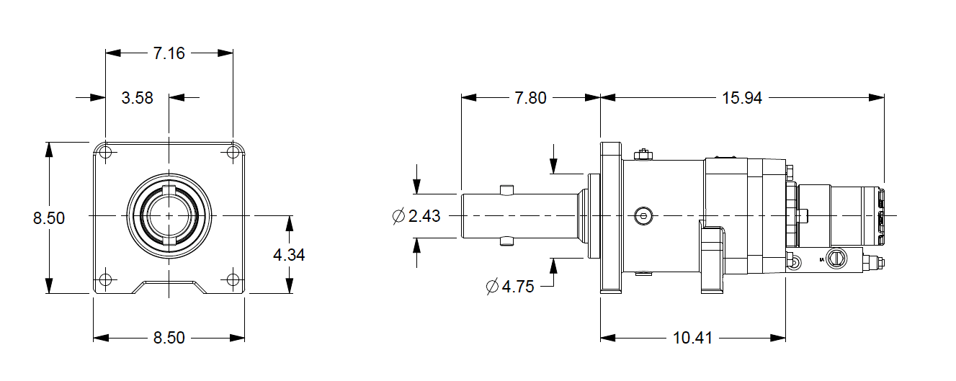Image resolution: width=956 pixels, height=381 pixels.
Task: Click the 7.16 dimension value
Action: click(169, 53)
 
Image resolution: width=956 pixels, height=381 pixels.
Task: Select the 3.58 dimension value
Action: click(137, 98)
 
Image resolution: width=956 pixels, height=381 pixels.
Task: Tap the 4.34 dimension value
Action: click(289, 255)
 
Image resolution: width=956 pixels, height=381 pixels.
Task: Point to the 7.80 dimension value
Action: click(530, 98)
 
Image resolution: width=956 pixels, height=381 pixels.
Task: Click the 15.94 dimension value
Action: click(742, 98)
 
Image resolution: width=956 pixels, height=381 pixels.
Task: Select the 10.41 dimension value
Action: click(692, 338)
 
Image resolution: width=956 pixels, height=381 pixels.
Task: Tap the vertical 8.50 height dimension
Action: click(49, 218)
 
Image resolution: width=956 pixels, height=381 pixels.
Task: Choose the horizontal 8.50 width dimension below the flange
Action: click(169, 338)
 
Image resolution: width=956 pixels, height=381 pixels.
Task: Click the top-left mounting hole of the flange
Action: click(106, 152)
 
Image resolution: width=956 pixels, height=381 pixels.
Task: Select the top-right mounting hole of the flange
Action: click(233, 152)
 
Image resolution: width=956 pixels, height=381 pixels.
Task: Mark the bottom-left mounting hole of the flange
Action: click(106, 279)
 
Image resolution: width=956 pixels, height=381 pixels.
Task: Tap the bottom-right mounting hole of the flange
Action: click(233, 279)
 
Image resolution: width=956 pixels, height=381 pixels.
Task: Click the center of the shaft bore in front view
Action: click(169, 215)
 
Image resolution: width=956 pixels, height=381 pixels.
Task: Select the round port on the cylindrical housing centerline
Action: click(643, 215)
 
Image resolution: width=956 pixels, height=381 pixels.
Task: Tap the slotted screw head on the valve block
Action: click(837, 257)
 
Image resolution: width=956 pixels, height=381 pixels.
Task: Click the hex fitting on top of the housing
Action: click(643, 154)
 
